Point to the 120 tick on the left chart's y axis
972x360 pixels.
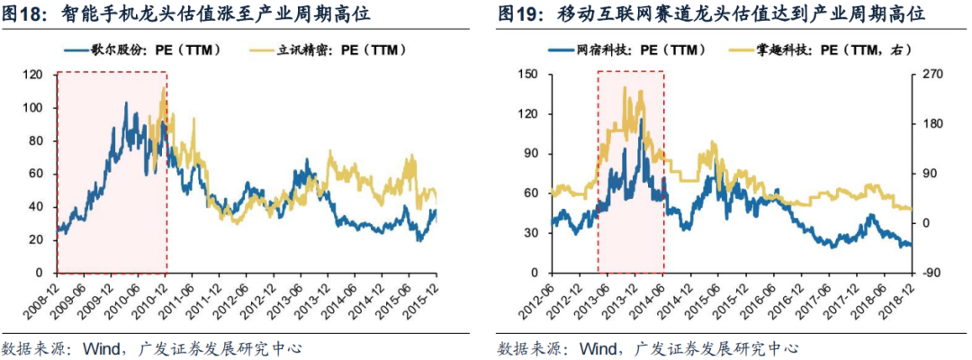click(38, 75)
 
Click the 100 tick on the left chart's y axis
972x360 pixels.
click(38, 108)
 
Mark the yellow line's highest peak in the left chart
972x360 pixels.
click(163, 89)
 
